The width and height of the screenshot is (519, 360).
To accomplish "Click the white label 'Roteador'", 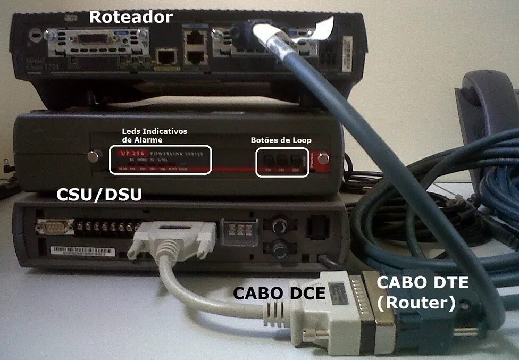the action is click(130, 16).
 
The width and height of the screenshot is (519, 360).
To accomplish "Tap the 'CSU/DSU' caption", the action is click(99, 195).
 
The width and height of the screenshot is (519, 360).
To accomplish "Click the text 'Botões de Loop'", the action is click(281, 140).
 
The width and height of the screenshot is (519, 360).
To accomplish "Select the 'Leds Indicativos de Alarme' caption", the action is click(155, 135).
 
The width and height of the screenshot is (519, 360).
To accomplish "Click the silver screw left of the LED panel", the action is click(94, 157).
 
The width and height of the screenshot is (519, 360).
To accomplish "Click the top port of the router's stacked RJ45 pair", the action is click(195, 38).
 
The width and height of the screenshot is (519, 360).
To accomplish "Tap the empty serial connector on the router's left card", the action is click(98, 40).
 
